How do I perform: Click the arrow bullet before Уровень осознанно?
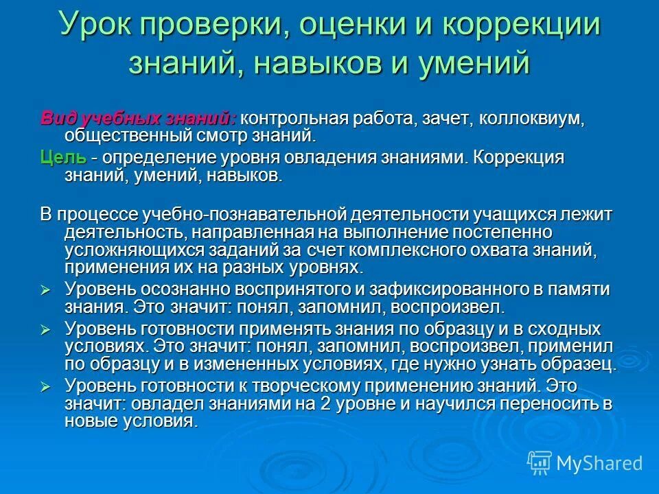[47, 291]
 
